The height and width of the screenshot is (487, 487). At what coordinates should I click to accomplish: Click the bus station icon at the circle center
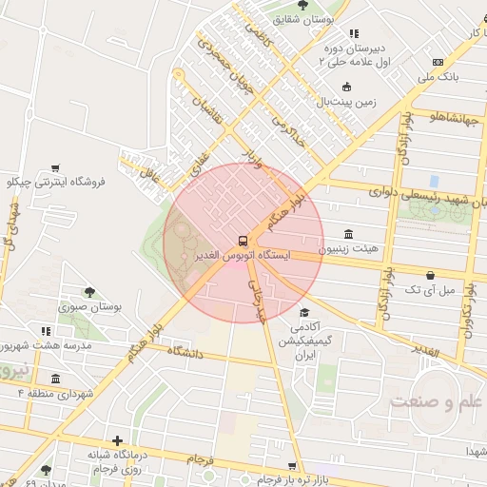(x=243, y=241)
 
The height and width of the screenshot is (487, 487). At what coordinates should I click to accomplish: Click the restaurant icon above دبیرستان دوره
(x=354, y=34)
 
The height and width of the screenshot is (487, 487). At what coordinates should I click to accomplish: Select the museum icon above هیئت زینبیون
(x=348, y=234)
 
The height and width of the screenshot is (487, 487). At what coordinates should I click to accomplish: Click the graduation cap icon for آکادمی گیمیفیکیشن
(x=304, y=313)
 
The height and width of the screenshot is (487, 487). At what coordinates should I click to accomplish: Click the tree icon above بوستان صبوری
(x=89, y=293)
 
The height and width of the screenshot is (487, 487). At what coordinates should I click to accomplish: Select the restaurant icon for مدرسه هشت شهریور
(x=45, y=331)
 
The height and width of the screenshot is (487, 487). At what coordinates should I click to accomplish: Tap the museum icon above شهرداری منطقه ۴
(x=55, y=379)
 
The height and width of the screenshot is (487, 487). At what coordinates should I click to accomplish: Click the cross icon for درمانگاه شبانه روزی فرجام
(x=117, y=440)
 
